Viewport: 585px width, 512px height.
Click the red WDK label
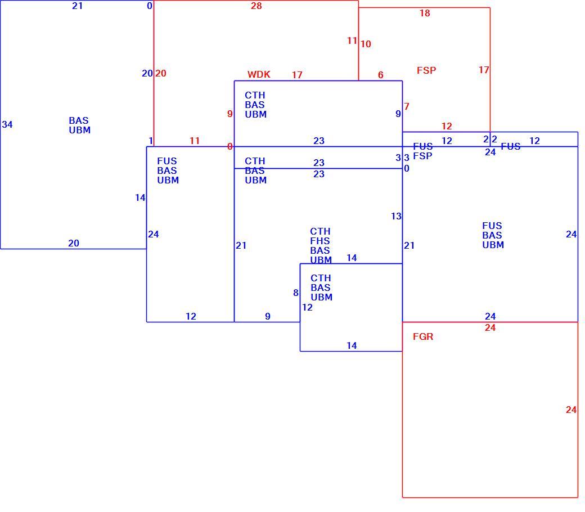[x=259, y=74]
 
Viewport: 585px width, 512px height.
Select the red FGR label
[x=423, y=336]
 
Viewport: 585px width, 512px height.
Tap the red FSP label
[x=426, y=70]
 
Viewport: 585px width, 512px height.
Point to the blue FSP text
[x=422, y=156]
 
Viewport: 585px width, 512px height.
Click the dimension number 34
[x=7, y=125]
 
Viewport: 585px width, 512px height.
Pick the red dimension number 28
[x=256, y=6]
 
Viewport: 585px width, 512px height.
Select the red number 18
[x=425, y=14]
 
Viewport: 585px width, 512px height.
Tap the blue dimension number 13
[x=396, y=217]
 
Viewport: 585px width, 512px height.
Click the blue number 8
[x=296, y=293]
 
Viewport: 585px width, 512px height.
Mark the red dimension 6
[x=381, y=75]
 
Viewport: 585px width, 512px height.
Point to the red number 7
[x=407, y=107]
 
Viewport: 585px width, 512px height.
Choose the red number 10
[x=366, y=44]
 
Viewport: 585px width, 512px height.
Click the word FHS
[x=319, y=241]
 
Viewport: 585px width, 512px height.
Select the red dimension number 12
[x=447, y=127]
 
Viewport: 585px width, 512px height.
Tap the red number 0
[x=230, y=147]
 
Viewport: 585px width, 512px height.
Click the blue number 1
[x=151, y=141]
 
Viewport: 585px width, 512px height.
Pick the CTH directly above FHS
[x=320, y=231]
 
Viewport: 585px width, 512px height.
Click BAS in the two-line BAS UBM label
[x=79, y=120]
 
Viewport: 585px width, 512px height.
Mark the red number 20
[x=160, y=74]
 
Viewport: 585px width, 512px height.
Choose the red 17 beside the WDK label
[x=297, y=75]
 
